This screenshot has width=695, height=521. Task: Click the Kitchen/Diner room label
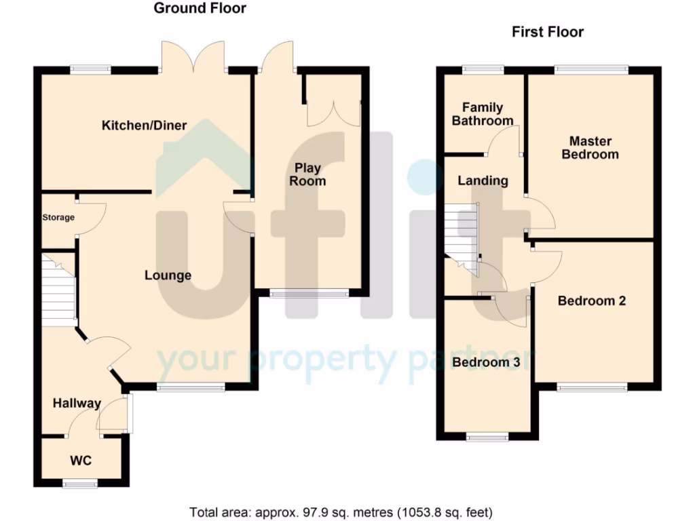point(144,126)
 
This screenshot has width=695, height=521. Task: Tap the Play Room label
point(307,174)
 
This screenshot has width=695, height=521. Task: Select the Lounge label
point(168,275)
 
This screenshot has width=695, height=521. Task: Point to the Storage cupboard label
point(58,218)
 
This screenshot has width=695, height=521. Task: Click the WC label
point(81,461)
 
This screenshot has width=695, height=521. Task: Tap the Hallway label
point(77,404)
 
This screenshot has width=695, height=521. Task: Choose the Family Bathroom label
point(483,114)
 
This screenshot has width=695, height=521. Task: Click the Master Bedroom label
point(590,148)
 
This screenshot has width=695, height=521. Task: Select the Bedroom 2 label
point(591,301)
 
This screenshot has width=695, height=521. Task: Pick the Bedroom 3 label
point(486,363)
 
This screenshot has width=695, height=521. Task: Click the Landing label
point(483,181)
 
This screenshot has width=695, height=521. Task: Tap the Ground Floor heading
point(200,9)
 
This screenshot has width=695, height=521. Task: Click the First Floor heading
point(547,32)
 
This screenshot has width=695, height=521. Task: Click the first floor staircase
point(462,234)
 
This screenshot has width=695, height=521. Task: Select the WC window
point(80,484)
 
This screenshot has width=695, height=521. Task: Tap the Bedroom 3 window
point(487,438)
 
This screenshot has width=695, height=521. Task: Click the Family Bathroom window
point(483,69)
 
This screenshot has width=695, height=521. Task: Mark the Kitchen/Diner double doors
point(193,58)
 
